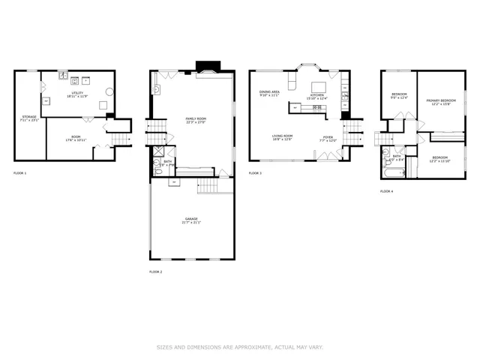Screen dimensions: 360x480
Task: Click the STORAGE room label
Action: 28,117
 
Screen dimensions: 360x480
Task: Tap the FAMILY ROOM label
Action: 196,118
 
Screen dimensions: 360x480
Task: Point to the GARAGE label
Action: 191,218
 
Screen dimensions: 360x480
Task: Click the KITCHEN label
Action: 317,95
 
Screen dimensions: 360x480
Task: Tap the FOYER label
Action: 328,136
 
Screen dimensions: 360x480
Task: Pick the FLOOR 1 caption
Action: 19,173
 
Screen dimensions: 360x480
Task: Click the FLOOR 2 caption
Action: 155,271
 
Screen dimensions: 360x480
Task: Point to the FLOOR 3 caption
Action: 255,173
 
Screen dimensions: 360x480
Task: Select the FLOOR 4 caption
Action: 386,191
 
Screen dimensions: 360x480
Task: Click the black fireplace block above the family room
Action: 204,65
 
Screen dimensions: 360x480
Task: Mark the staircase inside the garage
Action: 207,187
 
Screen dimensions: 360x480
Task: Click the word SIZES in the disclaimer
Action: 163,347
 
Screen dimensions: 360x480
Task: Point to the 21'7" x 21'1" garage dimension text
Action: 191,223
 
